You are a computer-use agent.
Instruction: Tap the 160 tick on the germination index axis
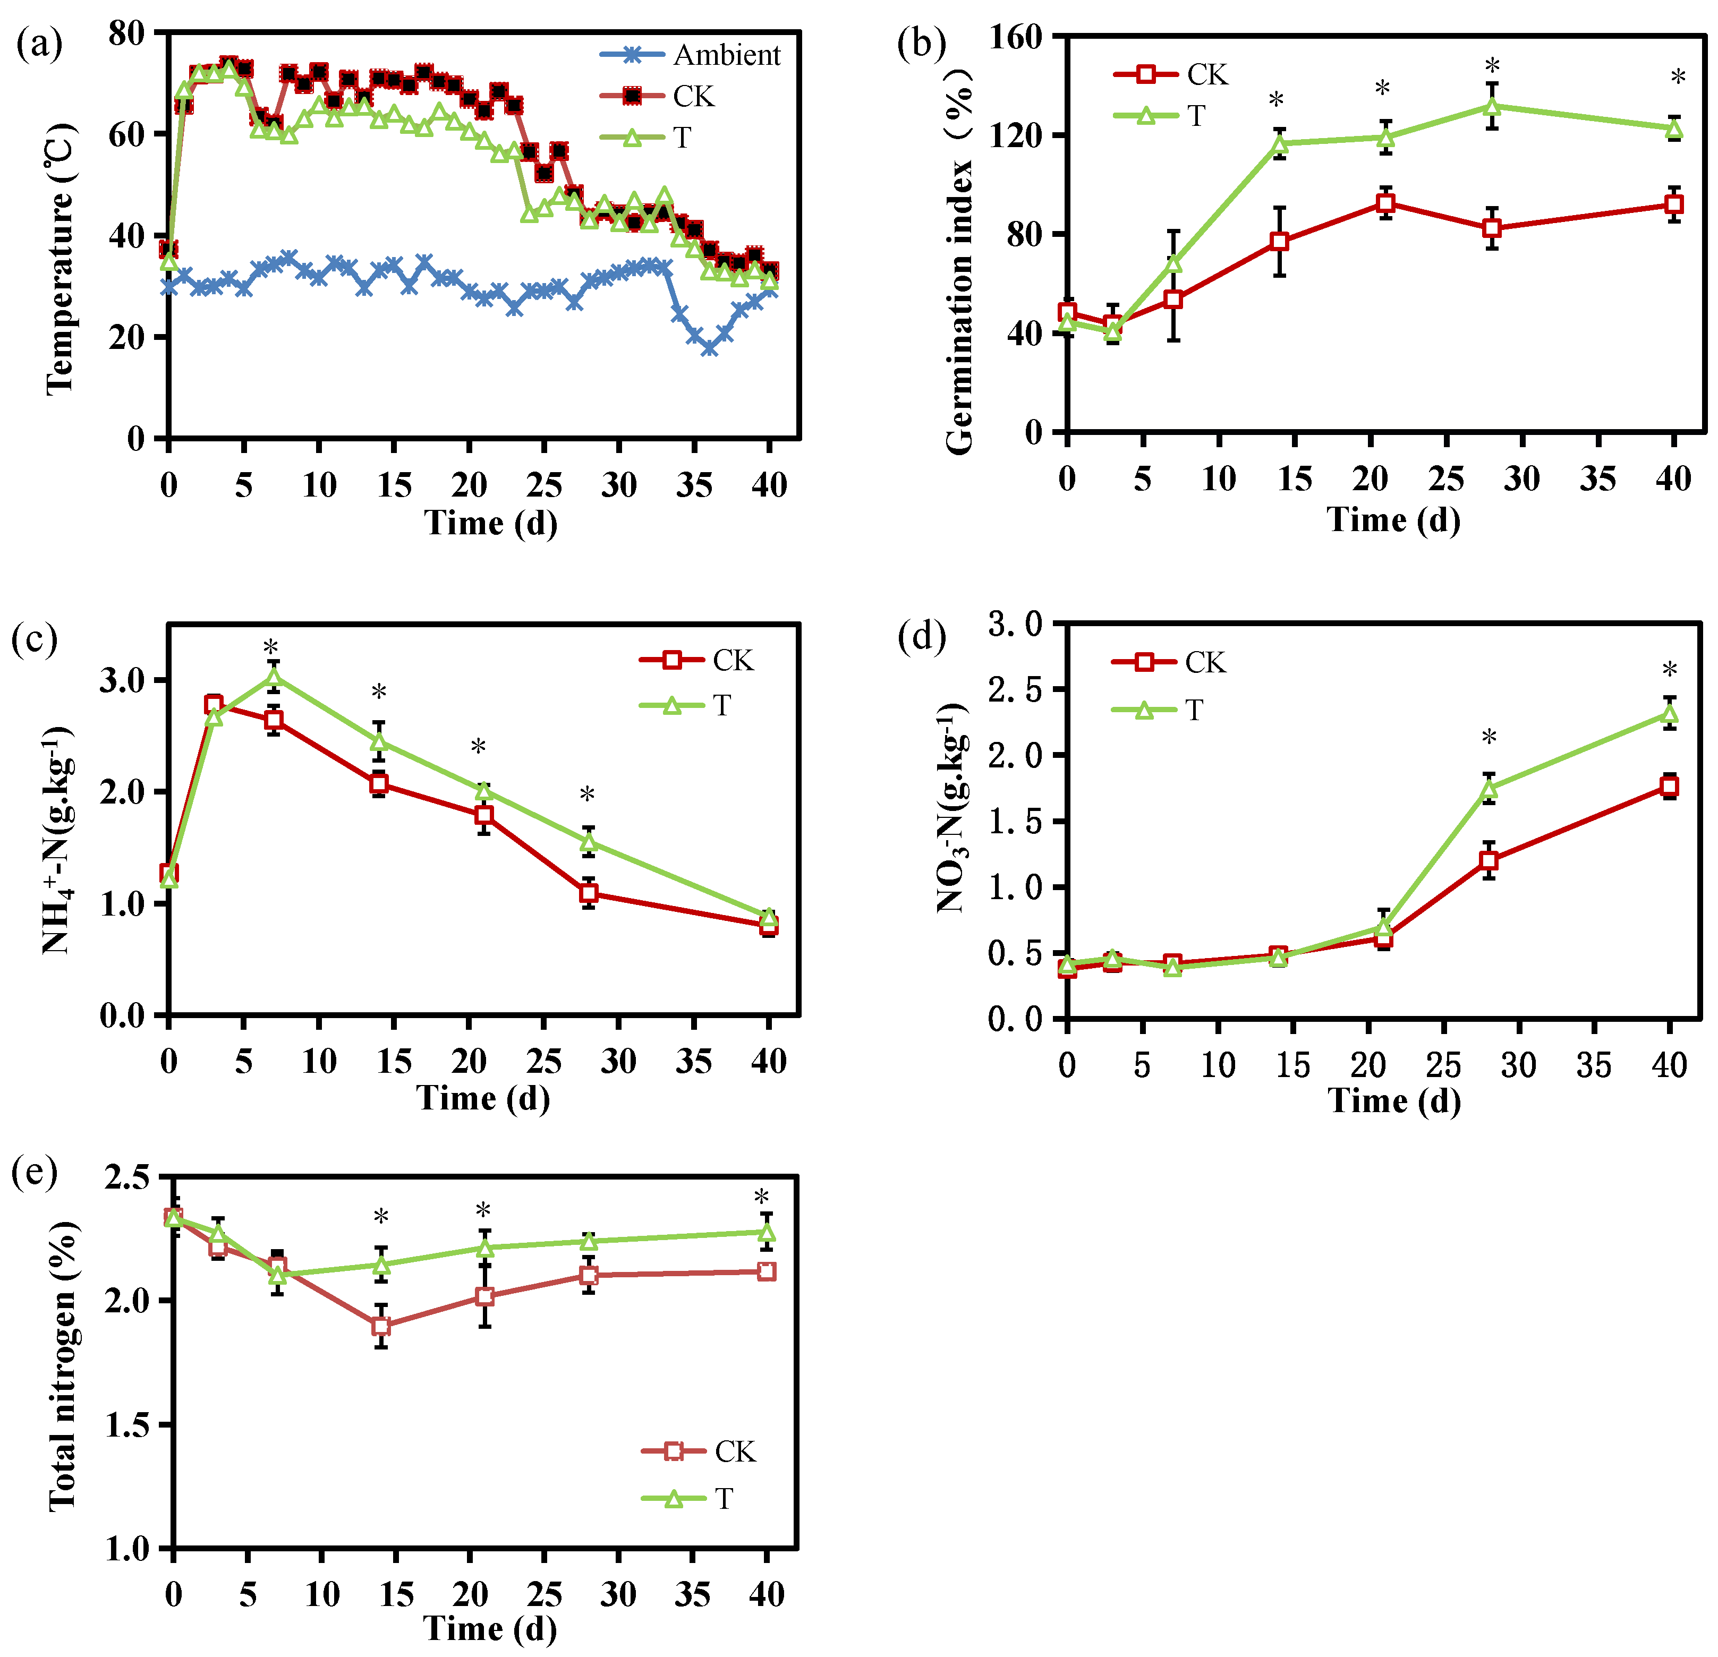coord(1015,37)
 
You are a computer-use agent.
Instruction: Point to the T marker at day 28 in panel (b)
coord(1492,107)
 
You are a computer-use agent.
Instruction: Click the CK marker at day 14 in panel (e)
coord(380,1326)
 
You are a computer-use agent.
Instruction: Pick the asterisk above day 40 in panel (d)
coord(1670,670)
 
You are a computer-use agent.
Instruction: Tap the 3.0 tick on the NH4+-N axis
coord(123,680)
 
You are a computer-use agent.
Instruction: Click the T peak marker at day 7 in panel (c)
coord(274,677)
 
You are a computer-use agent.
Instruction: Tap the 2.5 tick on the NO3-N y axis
coord(1015,689)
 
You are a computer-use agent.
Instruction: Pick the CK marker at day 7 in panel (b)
coord(1173,300)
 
